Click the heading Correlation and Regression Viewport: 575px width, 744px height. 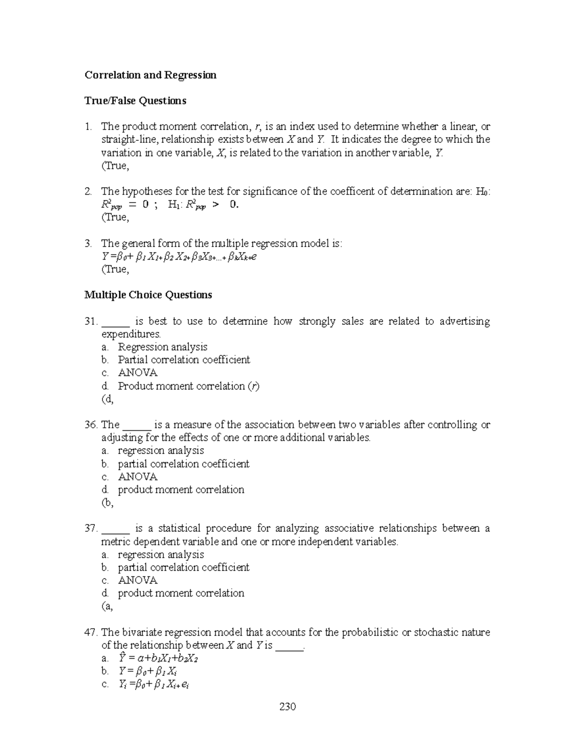click(x=150, y=75)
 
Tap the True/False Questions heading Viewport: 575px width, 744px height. click(x=135, y=101)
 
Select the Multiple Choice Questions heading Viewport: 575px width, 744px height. click(x=148, y=295)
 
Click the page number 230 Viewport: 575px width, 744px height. click(x=287, y=707)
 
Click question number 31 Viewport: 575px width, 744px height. click(x=91, y=321)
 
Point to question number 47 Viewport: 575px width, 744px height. click(x=91, y=632)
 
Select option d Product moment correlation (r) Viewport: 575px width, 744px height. click(x=188, y=386)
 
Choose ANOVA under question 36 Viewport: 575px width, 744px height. click(x=138, y=477)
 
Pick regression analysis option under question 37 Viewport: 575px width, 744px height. click(x=161, y=555)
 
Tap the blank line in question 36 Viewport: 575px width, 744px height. click(x=137, y=425)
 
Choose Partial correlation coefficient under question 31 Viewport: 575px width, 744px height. click(x=184, y=360)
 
